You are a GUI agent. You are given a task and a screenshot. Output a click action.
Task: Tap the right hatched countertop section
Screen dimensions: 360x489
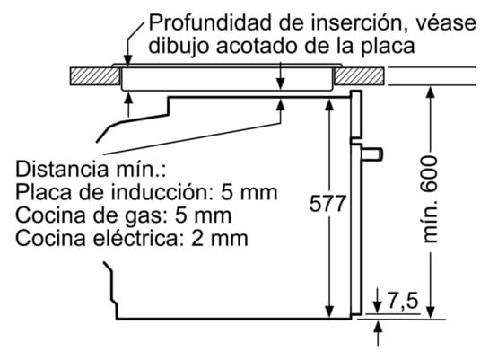click(364, 76)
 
